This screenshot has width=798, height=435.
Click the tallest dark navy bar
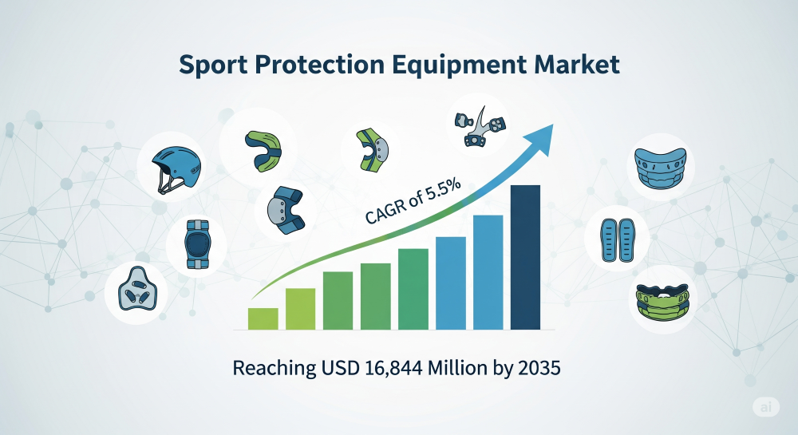tap(525, 258)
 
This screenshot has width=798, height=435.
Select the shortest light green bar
tap(263, 319)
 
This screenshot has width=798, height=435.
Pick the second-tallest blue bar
tap(488, 272)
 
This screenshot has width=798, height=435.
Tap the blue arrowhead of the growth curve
tap(540, 138)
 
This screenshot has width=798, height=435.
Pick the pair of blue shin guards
tap(617, 240)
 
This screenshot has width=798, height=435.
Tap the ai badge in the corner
tap(766, 407)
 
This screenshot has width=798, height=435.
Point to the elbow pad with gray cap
tap(286, 210)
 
